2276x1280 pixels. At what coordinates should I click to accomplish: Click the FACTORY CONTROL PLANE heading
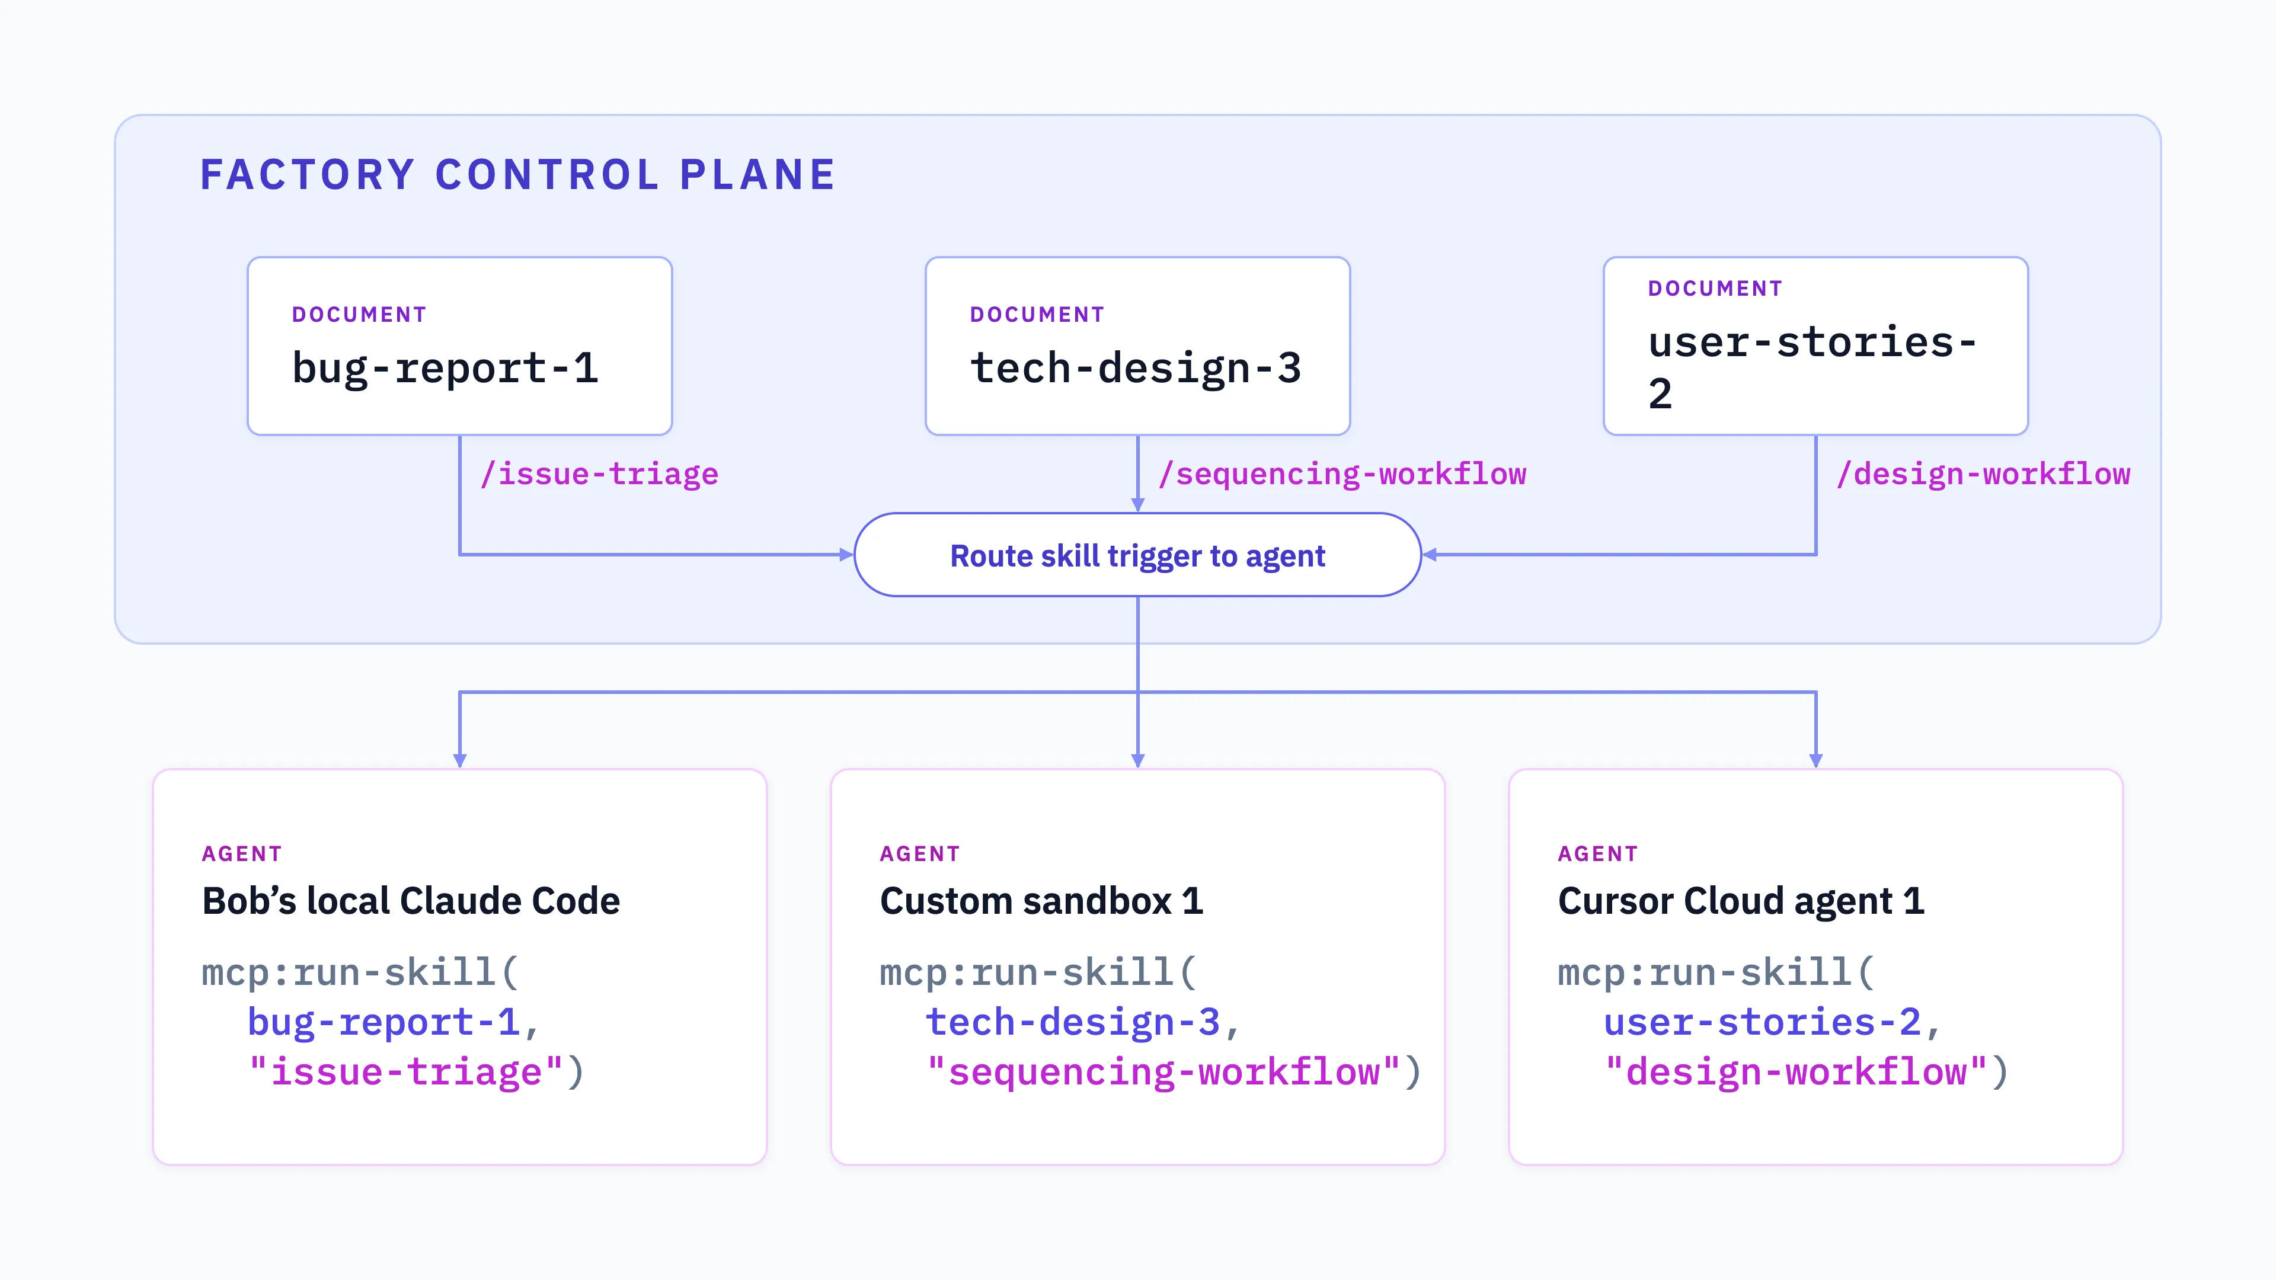[518, 175]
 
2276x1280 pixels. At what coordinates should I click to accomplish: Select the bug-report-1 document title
[445, 369]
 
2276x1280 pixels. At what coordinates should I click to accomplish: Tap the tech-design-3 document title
[1136, 369]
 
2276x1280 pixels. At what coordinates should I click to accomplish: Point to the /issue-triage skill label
[599, 474]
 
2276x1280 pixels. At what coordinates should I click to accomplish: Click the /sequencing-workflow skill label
[1342, 474]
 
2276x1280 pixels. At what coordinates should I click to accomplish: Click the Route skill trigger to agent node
[1138, 555]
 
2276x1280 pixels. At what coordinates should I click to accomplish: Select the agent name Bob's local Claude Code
[411, 901]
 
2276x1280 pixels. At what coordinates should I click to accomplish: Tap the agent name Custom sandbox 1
[1042, 901]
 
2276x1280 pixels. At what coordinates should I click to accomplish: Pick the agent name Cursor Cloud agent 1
[1741, 901]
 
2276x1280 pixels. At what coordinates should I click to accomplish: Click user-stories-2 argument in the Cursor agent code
[1763, 1022]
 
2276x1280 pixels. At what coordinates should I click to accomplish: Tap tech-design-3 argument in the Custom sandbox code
[1073, 1022]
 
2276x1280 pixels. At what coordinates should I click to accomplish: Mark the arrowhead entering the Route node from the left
[846, 555]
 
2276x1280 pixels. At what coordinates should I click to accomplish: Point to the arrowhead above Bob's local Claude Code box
[459, 760]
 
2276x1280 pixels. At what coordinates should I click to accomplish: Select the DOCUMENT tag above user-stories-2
[1715, 289]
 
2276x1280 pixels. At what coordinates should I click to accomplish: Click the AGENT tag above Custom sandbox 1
[920, 854]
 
